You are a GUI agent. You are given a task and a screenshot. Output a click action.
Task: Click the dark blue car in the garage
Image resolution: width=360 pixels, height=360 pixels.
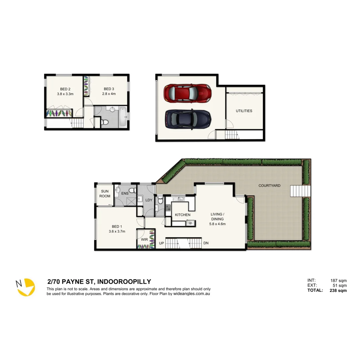pos(188,118)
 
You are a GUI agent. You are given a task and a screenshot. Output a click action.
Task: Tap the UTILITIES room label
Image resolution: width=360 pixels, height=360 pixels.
pos(244,111)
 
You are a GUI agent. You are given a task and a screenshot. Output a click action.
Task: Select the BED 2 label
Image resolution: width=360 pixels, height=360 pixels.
pos(65,89)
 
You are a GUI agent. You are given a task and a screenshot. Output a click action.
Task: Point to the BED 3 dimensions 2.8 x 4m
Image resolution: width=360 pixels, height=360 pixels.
pos(109,94)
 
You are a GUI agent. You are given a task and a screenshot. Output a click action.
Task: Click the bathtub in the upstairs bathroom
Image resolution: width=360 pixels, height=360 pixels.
pos(123,116)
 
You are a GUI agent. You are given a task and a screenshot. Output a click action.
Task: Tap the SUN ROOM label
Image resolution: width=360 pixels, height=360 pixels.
pos(105,194)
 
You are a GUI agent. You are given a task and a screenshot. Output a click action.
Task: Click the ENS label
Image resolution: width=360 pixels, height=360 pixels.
pos(125,193)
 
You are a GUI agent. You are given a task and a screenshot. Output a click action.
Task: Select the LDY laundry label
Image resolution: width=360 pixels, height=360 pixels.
pos(149,200)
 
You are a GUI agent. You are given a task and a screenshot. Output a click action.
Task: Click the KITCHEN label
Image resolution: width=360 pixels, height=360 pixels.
pos(183,215)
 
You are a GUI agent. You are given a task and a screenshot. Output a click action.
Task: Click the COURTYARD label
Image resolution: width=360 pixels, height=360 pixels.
pos(269,186)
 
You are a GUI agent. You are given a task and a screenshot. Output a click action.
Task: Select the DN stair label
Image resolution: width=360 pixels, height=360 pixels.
pos(206,243)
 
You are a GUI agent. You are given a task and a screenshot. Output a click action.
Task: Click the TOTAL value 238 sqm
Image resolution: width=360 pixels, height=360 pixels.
pos(339,290)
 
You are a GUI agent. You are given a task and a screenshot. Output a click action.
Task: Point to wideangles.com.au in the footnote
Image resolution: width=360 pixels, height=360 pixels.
pos(191,294)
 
